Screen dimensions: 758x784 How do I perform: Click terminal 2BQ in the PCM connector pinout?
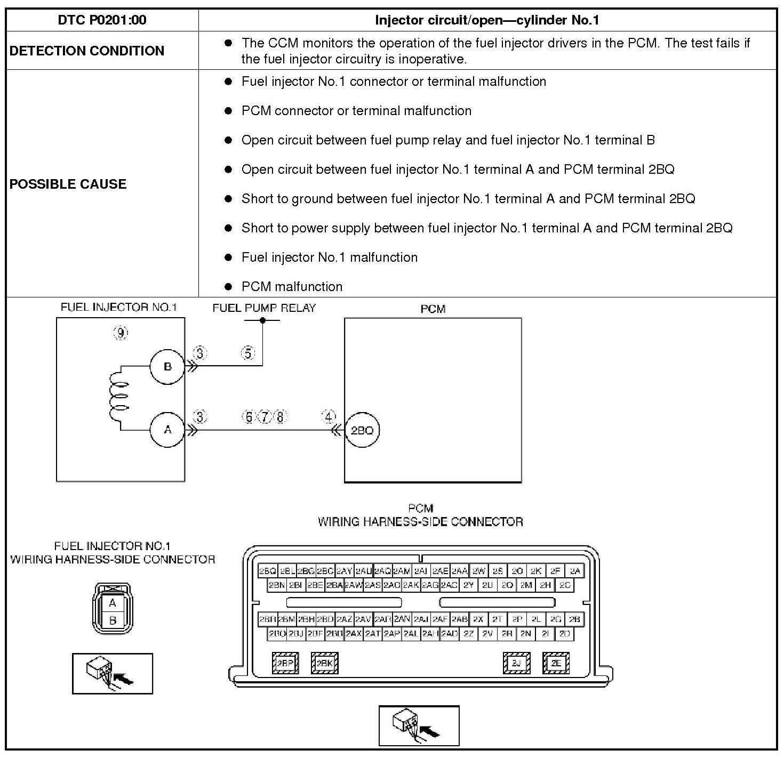pos(267,571)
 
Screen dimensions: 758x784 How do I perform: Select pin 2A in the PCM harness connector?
pos(574,571)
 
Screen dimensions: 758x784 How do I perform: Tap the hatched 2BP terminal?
pos(285,663)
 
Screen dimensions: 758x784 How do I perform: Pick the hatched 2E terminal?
pos(556,663)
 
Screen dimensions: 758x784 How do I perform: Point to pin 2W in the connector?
pos(478,571)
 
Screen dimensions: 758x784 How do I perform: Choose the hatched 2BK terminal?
pos(324,663)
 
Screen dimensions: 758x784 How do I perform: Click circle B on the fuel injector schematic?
pos(167,367)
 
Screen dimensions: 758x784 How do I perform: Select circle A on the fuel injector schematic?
pos(167,430)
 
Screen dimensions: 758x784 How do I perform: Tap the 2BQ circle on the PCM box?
pos(362,430)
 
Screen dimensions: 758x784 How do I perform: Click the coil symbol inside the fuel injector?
pos(118,397)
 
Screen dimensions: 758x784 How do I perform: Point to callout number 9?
pos(121,333)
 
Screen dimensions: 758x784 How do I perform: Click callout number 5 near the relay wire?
pos(248,353)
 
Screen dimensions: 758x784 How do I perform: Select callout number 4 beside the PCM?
pos(329,417)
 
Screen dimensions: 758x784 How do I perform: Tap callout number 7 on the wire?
pos(265,417)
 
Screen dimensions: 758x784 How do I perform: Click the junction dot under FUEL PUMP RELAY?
pos(262,320)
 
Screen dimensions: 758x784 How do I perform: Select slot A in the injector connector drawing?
pos(113,603)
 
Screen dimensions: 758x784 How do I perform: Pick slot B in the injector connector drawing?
pos(113,620)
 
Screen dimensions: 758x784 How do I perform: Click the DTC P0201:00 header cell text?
pos(102,20)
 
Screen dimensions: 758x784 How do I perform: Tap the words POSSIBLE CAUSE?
pos(68,184)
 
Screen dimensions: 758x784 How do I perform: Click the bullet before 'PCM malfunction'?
pos(228,287)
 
